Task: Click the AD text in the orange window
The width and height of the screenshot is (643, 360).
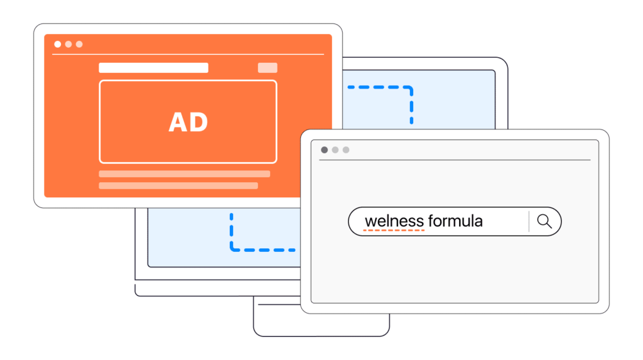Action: pyautogui.click(x=188, y=122)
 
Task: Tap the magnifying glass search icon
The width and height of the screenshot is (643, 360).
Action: pyautogui.click(x=544, y=221)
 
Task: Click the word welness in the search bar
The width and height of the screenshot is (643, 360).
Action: pyautogui.click(x=394, y=221)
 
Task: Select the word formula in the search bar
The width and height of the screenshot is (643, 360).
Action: pyautogui.click(x=456, y=221)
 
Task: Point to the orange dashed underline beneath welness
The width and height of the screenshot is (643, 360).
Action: pyautogui.click(x=394, y=231)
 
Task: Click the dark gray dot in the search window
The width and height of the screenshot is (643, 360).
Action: pyautogui.click(x=325, y=150)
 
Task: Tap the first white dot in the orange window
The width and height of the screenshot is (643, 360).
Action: pyautogui.click(x=58, y=45)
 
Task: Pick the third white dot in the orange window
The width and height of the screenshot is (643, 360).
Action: pyautogui.click(x=79, y=45)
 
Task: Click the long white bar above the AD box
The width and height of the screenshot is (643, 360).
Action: pyautogui.click(x=153, y=68)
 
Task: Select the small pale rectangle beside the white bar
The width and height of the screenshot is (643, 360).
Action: pyautogui.click(x=267, y=68)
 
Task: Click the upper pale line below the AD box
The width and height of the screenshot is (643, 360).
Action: pyautogui.click(x=185, y=174)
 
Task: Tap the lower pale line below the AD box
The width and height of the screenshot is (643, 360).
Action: pyautogui.click(x=178, y=186)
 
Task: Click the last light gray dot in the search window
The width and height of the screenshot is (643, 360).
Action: pyautogui.click(x=346, y=150)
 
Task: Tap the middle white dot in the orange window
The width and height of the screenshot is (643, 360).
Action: pyautogui.click(x=68, y=45)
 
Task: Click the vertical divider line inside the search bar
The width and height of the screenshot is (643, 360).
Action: pyautogui.click(x=529, y=221)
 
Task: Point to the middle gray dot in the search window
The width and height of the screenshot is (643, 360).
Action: pyautogui.click(x=335, y=150)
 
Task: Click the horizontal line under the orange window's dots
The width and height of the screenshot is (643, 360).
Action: pyautogui.click(x=188, y=54)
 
